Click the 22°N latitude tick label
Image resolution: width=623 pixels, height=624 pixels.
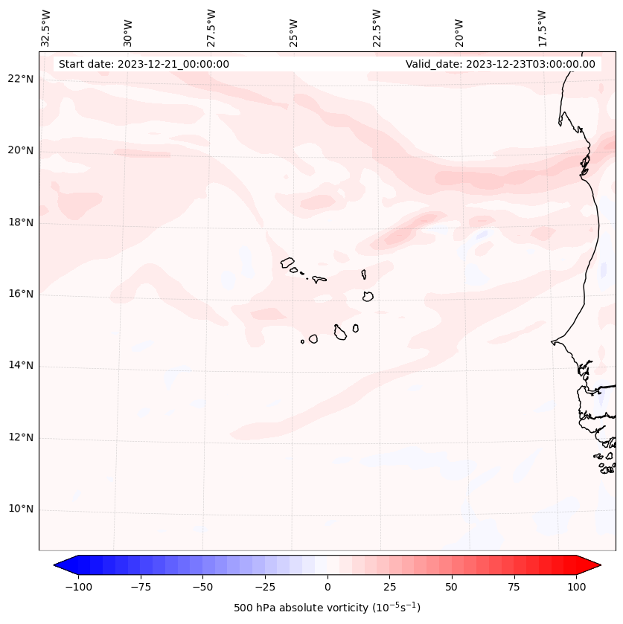[x=21, y=80]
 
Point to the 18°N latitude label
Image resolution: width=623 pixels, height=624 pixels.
[x=21, y=222]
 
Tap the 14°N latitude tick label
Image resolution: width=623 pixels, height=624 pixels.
[x=21, y=366]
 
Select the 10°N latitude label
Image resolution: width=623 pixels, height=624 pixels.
[x=21, y=509]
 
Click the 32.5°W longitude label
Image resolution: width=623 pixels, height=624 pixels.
[x=46, y=28]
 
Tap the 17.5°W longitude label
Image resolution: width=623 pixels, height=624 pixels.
[x=542, y=28]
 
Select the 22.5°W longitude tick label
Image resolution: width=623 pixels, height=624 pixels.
[x=377, y=28]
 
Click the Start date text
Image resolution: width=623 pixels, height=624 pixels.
[x=144, y=64]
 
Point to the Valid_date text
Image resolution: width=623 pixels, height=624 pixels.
[x=500, y=64]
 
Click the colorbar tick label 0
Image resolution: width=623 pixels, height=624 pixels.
[x=328, y=587]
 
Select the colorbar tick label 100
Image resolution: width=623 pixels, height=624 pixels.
[x=576, y=587]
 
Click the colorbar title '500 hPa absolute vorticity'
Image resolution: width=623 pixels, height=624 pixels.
[x=328, y=608]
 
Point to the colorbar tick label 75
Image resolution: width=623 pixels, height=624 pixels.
[x=514, y=587]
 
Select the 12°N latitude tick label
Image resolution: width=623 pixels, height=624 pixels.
[x=21, y=438]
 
